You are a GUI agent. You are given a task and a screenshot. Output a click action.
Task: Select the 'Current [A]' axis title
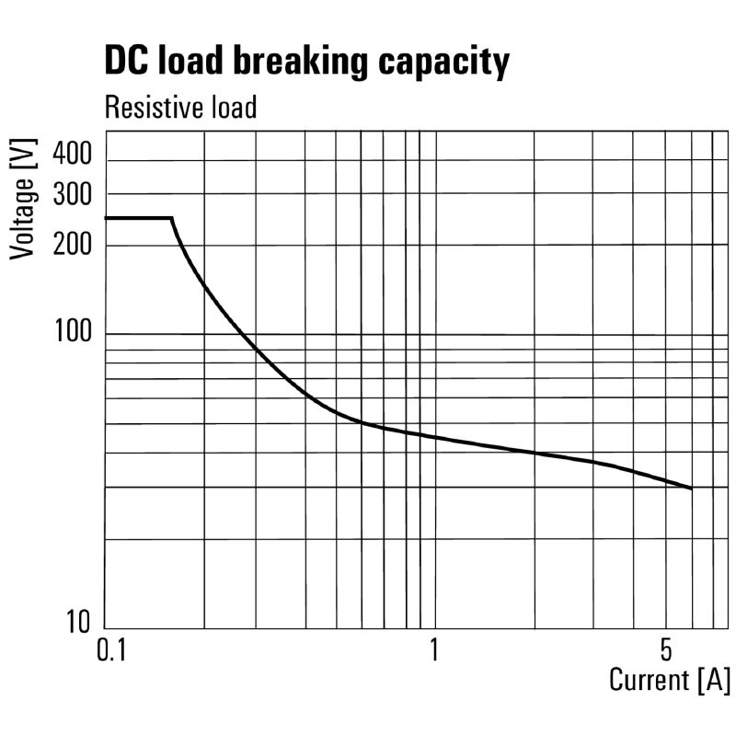[x=670, y=681]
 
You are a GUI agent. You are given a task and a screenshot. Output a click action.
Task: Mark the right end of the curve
[x=691, y=489]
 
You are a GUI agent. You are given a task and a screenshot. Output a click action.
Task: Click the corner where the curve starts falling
[x=172, y=218]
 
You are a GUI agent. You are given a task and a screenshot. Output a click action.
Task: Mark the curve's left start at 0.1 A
[x=107, y=218]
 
